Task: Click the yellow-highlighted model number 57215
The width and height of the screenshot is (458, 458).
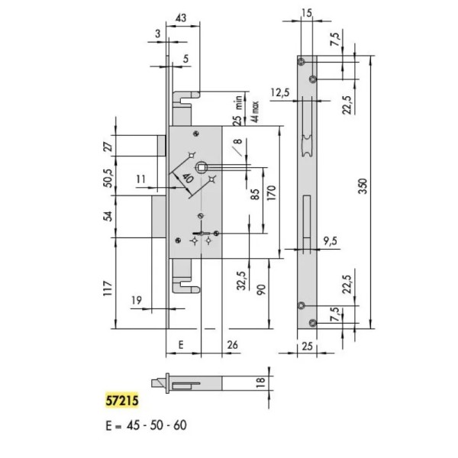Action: click(x=122, y=400)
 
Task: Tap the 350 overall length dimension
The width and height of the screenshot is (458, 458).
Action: click(x=363, y=186)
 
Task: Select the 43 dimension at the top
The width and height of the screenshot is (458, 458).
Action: click(x=181, y=18)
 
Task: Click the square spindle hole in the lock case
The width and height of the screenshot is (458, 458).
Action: click(x=202, y=167)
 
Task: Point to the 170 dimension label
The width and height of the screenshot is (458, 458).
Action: click(x=271, y=193)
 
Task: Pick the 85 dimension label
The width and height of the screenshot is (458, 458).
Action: click(x=255, y=194)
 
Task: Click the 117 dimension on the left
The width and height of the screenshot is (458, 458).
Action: click(x=108, y=289)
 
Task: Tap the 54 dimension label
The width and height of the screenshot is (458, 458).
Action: click(x=108, y=216)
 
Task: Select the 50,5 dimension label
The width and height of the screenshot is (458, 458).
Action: click(x=108, y=178)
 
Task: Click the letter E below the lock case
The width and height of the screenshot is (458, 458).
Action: click(x=181, y=345)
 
